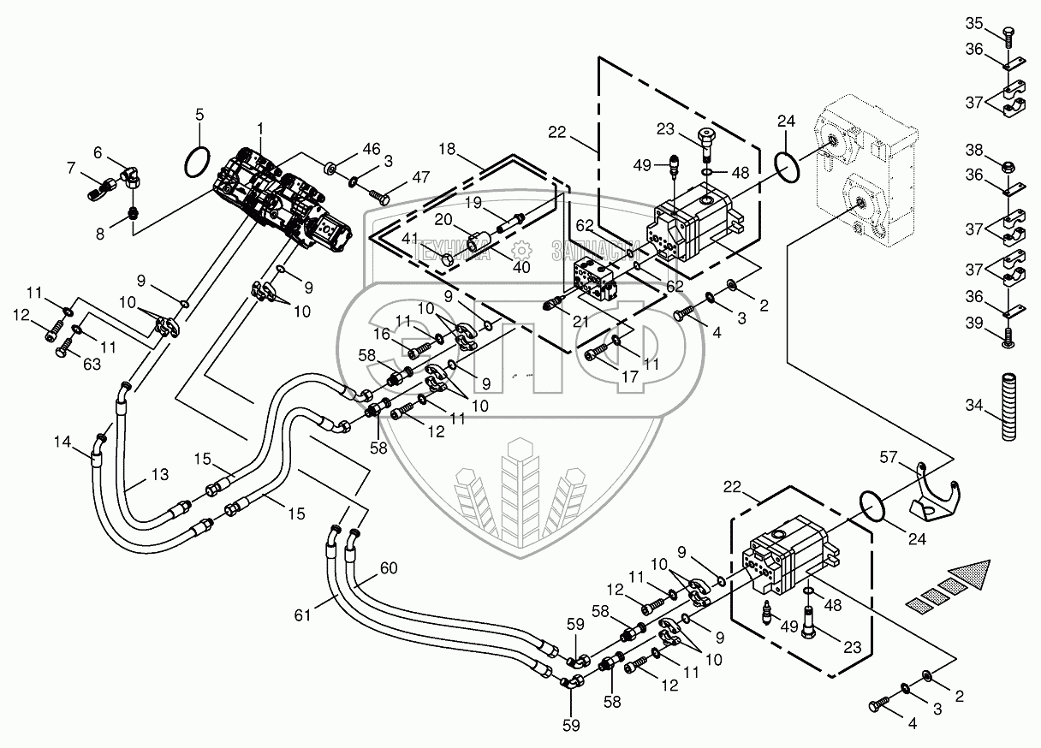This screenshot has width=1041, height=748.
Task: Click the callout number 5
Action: pos(199,115)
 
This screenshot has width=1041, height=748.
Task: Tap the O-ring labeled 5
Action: pos(198,162)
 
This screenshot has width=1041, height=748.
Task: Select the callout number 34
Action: pos(974,405)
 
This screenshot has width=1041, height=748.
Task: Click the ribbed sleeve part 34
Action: pos(1009,407)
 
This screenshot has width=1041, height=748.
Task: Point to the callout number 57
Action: pos(889,457)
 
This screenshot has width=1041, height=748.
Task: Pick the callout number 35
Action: pos(974,23)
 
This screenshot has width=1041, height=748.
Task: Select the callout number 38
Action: pos(974,150)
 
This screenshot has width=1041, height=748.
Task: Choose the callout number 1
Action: pos(260,128)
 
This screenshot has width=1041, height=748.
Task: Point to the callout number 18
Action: pos(447,149)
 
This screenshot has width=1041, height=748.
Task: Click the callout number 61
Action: pos(302,615)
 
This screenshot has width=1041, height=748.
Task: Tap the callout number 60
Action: pos(389,567)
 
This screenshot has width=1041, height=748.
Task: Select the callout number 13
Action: pos(160,474)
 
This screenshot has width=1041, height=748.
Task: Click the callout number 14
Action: pos(62,442)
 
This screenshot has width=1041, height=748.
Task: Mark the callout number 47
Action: pos(420,177)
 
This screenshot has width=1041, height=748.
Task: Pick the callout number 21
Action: pos(581,321)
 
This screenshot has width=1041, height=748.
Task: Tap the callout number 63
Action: pos(92,365)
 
